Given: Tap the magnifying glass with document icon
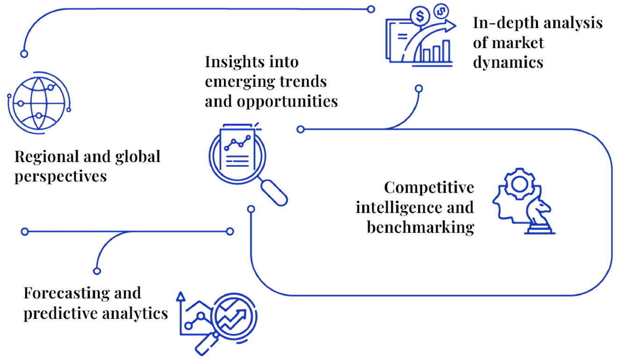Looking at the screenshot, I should [x=240, y=157].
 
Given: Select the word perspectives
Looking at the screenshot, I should [x=59, y=177].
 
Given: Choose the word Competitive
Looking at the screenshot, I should [x=428, y=187].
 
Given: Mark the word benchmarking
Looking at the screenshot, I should [x=419, y=228].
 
